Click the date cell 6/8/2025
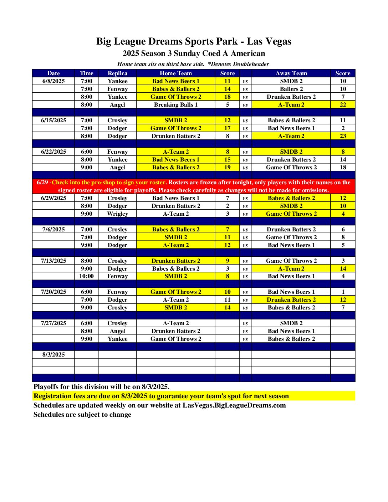53,81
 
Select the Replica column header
117,73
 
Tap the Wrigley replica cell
117,214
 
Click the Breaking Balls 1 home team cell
175,104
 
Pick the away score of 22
343,104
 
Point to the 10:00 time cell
86,276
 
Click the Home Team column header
175,73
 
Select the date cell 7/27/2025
53,323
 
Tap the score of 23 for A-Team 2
343,136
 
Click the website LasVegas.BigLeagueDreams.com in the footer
234,405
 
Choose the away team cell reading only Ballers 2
291,89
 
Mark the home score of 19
228,167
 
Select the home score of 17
228,128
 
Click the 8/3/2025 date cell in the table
53,354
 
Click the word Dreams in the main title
168,41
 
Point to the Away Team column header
291,73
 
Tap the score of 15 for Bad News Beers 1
228,159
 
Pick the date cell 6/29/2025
53,198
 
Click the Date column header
53,73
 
